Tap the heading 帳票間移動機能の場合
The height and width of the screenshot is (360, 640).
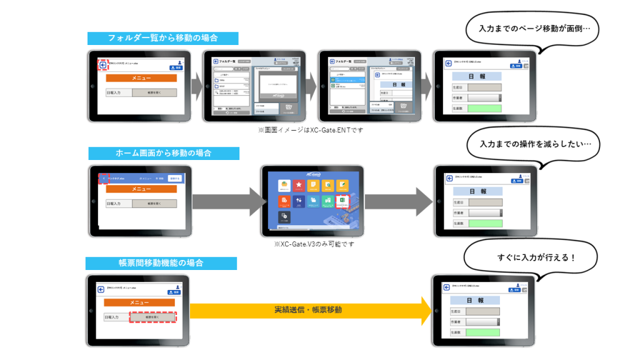[161, 263]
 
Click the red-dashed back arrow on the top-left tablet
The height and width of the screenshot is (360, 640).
[102, 64]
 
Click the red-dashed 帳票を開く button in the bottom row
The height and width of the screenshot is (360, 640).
[153, 317]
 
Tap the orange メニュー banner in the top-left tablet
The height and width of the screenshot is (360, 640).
[141, 79]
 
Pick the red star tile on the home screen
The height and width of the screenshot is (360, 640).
[299, 186]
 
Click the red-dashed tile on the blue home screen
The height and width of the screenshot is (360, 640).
[344, 201]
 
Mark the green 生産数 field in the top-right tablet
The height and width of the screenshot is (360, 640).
[484, 108]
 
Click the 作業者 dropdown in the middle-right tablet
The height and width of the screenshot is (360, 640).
[484, 213]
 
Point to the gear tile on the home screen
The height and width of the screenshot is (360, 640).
[284, 216]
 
